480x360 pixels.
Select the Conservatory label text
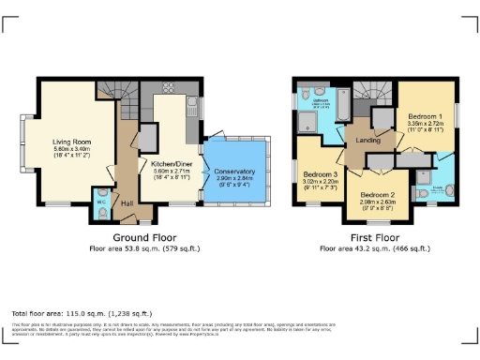(235, 170)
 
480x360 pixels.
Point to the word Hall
(127, 202)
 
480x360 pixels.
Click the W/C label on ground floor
(101, 201)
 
